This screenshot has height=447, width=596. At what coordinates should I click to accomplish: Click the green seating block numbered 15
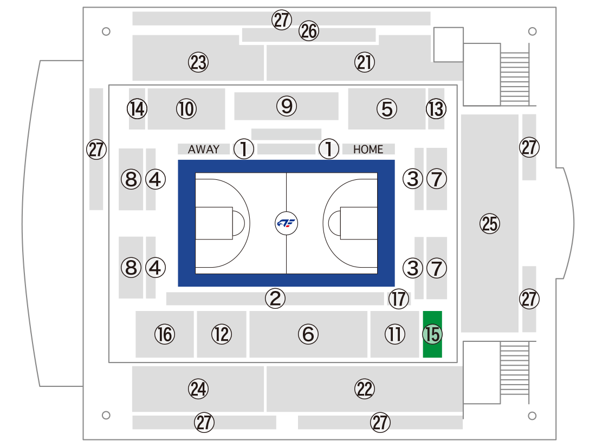click(x=432, y=334)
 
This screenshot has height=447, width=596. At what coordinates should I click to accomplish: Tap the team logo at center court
click(x=286, y=223)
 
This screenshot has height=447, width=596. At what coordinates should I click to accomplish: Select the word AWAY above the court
click(x=204, y=149)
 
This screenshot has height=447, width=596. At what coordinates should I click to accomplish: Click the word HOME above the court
click(x=368, y=150)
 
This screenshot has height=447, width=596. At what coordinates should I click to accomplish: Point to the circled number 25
click(x=490, y=223)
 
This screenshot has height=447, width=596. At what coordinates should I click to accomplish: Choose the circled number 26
click(x=309, y=31)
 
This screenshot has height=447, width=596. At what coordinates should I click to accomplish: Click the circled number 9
click(x=287, y=106)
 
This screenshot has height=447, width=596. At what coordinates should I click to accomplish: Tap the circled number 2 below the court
click(x=275, y=298)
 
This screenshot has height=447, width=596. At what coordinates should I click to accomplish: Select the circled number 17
click(x=398, y=299)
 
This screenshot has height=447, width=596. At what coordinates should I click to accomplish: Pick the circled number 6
click(x=308, y=334)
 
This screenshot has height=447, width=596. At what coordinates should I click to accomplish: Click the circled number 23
click(x=198, y=62)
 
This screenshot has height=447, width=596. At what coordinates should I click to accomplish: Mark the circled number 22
click(x=365, y=389)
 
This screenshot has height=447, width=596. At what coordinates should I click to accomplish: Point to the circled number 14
click(x=137, y=109)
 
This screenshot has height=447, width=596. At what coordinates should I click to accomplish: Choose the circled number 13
click(x=436, y=109)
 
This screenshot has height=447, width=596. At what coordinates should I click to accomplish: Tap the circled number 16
click(x=165, y=334)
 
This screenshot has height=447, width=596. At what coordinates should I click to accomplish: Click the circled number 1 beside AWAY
click(x=244, y=148)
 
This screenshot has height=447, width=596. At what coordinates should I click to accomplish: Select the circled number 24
click(x=198, y=389)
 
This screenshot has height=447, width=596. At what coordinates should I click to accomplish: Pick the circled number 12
click(x=222, y=334)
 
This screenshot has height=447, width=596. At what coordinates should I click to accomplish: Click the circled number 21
click(x=365, y=62)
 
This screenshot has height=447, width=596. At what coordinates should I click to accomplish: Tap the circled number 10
click(x=186, y=109)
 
